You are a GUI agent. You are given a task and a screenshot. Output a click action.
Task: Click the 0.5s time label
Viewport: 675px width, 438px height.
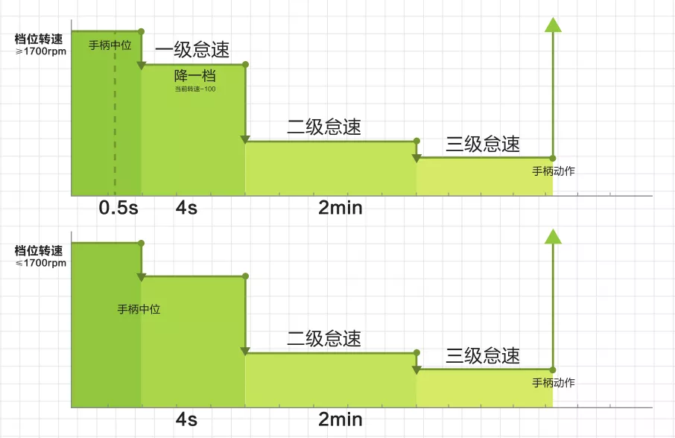point(118,208)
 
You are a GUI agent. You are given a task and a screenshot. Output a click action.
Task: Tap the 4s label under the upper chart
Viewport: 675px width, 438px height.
point(186,208)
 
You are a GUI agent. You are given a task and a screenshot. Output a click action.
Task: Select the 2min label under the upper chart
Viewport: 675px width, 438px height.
point(340,208)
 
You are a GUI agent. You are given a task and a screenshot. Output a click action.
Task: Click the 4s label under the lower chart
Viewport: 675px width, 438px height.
point(186,419)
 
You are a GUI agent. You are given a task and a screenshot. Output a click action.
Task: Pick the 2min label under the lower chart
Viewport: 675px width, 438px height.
point(340,419)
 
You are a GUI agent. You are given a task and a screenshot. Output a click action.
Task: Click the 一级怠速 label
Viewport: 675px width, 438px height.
point(192,49)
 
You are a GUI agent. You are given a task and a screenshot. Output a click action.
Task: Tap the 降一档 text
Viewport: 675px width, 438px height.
point(195,76)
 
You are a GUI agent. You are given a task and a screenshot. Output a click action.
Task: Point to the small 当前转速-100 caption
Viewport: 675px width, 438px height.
point(195,89)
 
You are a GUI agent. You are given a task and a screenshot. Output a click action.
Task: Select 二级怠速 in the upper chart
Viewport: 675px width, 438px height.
point(324,127)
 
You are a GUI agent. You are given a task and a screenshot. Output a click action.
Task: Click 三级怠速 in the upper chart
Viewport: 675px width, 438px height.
point(483,144)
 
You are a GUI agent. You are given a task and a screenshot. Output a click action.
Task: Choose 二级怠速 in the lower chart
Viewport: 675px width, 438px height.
point(324,339)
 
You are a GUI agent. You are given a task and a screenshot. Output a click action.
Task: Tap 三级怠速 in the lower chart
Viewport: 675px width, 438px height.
point(483,355)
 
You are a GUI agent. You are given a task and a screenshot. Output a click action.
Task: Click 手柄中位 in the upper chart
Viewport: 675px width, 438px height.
point(110,45)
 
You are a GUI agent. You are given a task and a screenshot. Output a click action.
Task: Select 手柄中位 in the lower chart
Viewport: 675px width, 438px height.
point(139,309)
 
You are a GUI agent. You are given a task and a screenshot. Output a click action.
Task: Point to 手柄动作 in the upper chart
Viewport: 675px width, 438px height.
point(553,171)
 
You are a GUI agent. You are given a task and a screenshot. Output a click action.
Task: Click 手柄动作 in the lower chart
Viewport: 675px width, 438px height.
point(553,383)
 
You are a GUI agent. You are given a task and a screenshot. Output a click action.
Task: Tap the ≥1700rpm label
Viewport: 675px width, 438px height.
point(41,51)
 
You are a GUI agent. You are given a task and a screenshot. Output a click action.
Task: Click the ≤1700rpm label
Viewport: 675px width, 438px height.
point(41,263)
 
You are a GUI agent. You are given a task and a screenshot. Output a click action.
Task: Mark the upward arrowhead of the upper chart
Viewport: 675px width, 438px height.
point(553,25)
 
